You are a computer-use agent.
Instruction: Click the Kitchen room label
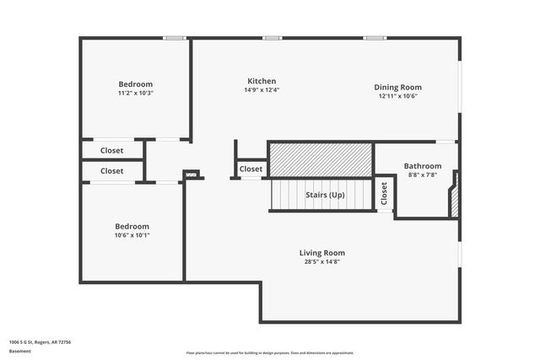[x=261, y=81]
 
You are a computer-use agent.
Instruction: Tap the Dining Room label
[x=398, y=87]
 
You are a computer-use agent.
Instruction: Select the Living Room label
[x=322, y=252]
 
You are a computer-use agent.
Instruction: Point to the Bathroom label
[x=422, y=166]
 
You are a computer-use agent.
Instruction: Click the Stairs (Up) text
[x=325, y=195]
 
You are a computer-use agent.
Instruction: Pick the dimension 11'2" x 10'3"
[x=135, y=93]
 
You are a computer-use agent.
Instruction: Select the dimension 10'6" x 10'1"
[x=132, y=235]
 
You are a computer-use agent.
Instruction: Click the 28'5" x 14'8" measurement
[x=322, y=261]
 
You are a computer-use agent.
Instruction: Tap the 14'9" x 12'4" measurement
[x=261, y=89]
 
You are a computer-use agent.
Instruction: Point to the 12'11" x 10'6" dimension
[x=398, y=96]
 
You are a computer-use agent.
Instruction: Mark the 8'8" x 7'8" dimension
[x=422, y=175]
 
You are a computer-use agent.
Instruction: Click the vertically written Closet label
[x=384, y=194]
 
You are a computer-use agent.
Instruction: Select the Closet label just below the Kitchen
[x=251, y=169]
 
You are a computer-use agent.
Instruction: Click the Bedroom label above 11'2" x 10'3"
[x=135, y=83]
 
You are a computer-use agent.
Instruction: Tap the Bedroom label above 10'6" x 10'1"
[x=132, y=226]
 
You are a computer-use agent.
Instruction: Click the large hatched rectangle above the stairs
[x=321, y=159]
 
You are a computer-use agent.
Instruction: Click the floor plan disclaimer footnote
[x=270, y=353]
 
